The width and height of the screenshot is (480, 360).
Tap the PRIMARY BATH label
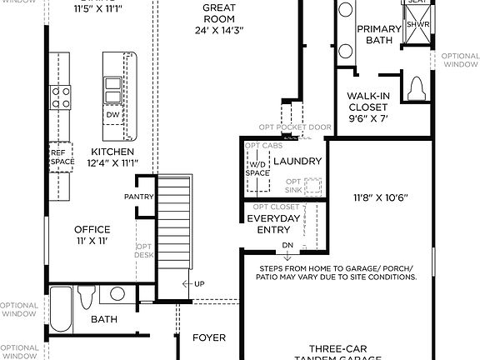(380, 34)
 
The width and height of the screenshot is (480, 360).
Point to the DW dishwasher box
(112, 115)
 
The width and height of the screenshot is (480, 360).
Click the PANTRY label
(137, 197)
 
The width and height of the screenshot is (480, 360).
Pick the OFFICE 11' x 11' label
(92, 234)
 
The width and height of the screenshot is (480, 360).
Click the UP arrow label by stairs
(198, 284)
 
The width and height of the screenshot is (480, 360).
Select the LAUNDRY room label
(297, 161)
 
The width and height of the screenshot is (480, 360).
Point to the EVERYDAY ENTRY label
(272, 223)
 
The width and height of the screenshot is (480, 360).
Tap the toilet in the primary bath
(418, 90)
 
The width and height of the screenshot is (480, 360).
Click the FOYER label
(209, 337)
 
